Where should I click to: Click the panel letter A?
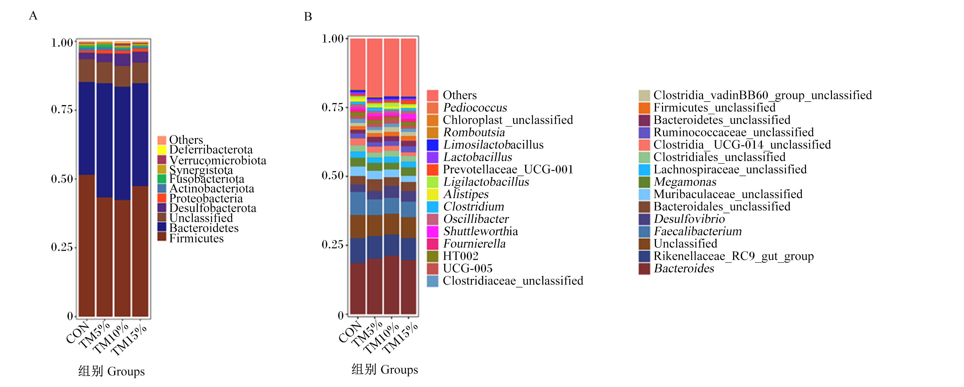[33, 16]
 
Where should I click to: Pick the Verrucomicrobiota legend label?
[218, 160]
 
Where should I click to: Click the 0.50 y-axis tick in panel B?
[333, 176]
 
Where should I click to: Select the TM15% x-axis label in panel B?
[400, 338]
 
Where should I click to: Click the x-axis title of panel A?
[112, 371]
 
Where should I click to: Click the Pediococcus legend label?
[475, 108]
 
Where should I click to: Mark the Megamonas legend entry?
[685, 182]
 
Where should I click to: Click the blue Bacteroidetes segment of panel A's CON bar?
[87, 128]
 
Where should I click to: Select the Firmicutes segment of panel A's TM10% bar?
[122, 258]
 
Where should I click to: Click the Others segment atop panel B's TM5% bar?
[375, 68]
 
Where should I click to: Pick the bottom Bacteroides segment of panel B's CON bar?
[358, 288]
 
